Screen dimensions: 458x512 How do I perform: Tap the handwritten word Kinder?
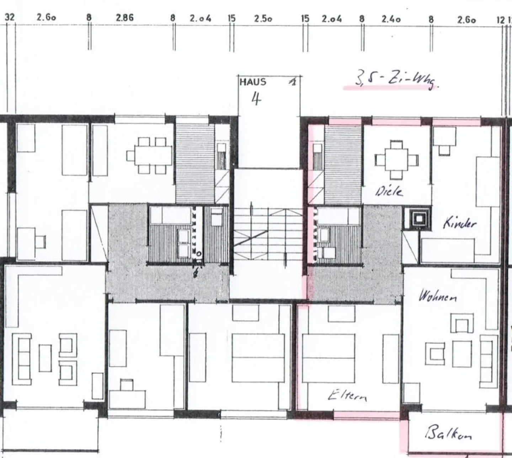(459, 223)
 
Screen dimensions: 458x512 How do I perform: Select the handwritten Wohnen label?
(438, 296)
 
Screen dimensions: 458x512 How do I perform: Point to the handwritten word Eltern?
(347, 395)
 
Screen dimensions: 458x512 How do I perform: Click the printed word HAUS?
(253, 82)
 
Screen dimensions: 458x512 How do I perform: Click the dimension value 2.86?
(125, 18)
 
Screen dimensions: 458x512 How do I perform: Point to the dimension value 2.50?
(263, 18)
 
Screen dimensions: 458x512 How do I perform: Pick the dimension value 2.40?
(391, 18)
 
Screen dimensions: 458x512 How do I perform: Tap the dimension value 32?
(10, 17)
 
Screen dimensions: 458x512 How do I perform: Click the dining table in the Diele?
(396, 160)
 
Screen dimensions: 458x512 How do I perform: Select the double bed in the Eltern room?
(328, 358)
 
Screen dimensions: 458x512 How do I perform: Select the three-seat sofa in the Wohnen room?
(486, 359)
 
